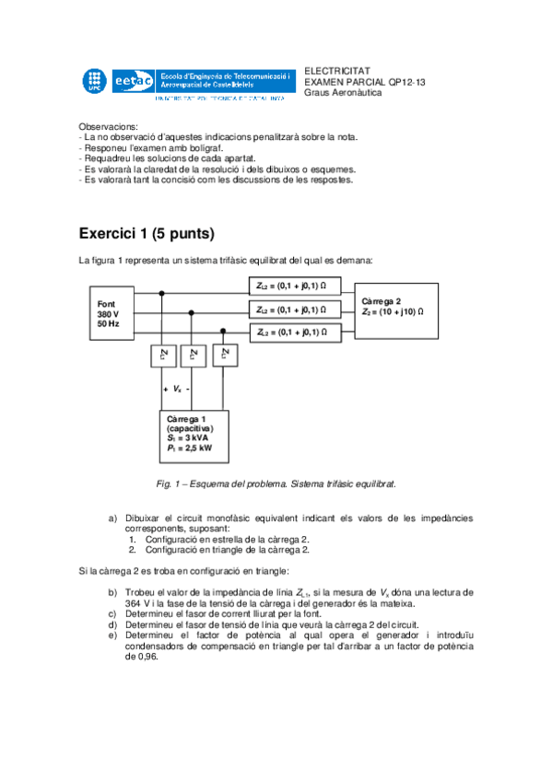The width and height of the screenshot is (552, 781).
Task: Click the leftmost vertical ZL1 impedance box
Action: tap(164, 355)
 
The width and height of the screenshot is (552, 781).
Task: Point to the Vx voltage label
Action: tap(177, 390)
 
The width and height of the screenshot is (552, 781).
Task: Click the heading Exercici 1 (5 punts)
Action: tap(147, 233)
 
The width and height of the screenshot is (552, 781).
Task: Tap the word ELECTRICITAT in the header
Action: tap(336, 70)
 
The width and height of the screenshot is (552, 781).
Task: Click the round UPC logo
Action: tap(93, 80)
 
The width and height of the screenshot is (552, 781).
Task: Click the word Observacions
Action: tap(109, 126)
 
